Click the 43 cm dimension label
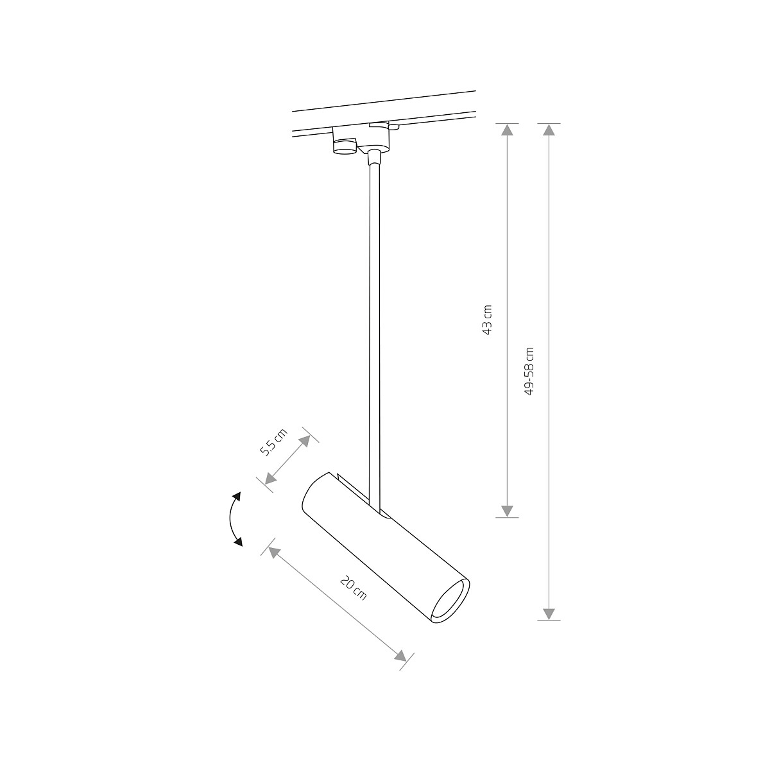(x=488, y=320)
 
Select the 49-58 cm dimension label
(x=529, y=371)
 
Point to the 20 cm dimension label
(x=353, y=589)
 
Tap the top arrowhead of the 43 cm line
(x=507, y=130)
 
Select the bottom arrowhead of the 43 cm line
(x=507, y=511)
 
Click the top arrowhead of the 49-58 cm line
(x=548, y=130)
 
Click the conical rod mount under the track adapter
(x=373, y=155)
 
